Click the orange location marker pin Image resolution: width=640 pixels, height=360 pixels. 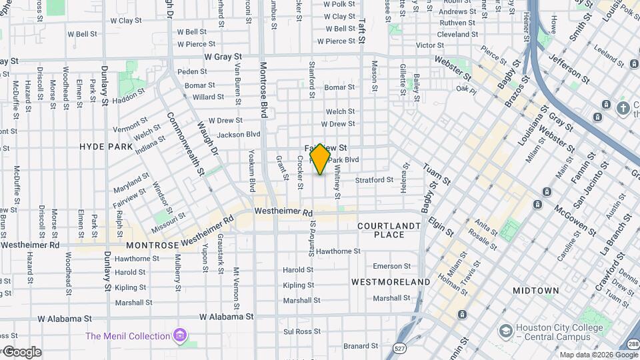(x=320, y=159)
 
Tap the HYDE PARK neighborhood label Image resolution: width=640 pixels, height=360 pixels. (x=107, y=146)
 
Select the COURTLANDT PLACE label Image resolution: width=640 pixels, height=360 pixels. (x=389, y=230)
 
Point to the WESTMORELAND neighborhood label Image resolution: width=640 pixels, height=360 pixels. (x=391, y=282)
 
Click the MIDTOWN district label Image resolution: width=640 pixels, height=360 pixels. (x=536, y=291)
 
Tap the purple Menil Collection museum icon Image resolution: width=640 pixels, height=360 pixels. (x=179, y=335)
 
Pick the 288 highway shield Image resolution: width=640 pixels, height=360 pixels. (x=632, y=344)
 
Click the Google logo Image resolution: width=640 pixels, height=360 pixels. (x=22, y=352)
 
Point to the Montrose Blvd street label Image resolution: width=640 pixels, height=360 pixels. (x=264, y=90)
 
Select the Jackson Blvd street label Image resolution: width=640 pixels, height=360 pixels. (x=238, y=134)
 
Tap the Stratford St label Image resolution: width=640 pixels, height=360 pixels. (x=374, y=180)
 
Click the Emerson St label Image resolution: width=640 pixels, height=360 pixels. (x=387, y=266)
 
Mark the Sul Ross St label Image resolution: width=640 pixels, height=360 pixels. (x=298, y=331)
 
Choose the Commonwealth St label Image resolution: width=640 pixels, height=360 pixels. (x=184, y=143)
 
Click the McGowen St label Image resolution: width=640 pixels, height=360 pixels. (x=575, y=219)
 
